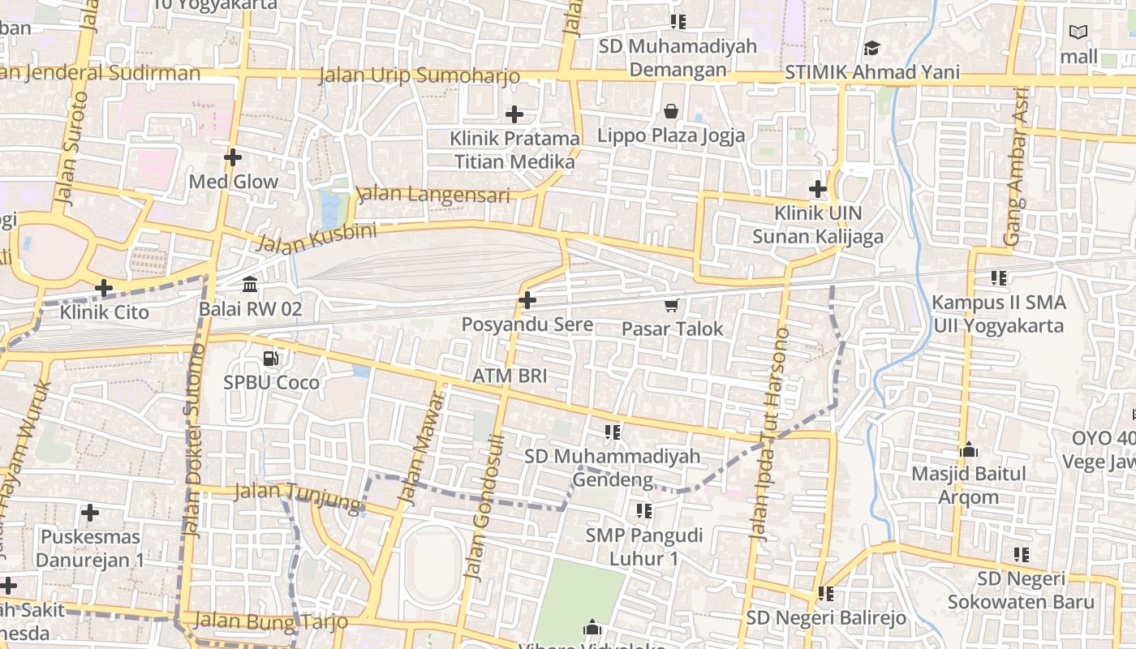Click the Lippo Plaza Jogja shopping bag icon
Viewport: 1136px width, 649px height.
pos(671,110)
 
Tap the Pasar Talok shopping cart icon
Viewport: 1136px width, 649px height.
pos(671,305)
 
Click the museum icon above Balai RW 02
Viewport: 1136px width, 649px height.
pos(250,285)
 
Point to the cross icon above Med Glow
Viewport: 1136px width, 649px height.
pos(233,157)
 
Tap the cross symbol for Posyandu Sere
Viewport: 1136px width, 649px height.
pos(527,300)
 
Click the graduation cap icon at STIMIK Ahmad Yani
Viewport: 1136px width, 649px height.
pos(871,49)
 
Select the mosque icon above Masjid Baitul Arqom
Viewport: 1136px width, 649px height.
pos(969,449)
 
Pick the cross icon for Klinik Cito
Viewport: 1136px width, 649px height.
pos(104,288)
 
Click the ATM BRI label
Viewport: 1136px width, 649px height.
pos(510,376)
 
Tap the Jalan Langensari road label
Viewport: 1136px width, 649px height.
pos(433,195)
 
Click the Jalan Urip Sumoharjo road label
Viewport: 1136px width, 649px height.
pos(419,76)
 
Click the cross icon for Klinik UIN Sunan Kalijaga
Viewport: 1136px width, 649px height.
pos(817,190)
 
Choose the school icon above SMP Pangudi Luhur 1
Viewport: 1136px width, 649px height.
pos(644,511)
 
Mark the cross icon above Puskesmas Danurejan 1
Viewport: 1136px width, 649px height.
pos(90,513)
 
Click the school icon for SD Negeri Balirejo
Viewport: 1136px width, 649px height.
pos(826,594)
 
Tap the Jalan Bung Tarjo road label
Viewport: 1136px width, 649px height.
pos(271,622)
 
